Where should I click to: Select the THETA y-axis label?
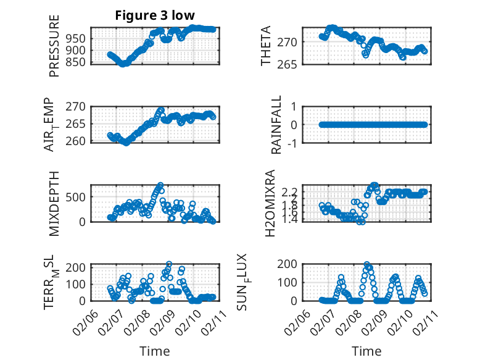(x=266, y=46)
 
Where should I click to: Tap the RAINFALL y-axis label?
(x=277, y=124)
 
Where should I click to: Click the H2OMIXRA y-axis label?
(x=270, y=203)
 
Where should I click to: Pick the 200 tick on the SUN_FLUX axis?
(x=290, y=264)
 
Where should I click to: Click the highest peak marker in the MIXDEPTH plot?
(x=160, y=185)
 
